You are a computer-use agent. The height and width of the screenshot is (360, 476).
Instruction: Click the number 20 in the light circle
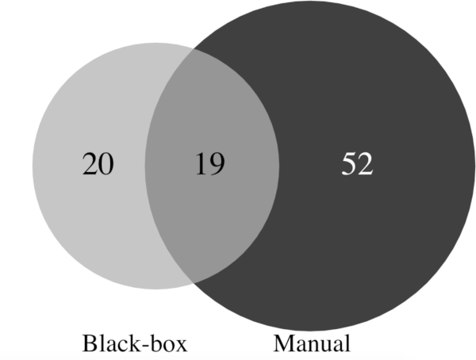(x=98, y=164)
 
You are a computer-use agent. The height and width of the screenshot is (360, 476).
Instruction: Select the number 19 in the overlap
(x=209, y=164)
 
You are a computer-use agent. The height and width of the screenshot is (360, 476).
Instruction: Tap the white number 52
(x=357, y=164)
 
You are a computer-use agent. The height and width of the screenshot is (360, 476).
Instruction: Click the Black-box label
(x=135, y=343)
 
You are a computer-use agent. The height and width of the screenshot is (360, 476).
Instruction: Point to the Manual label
(x=312, y=343)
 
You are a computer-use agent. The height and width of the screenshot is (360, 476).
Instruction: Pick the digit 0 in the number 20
(x=106, y=164)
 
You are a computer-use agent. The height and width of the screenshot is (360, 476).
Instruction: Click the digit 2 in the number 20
(x=90, y=164)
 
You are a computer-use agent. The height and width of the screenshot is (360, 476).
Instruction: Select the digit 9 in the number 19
(x=217, y=164)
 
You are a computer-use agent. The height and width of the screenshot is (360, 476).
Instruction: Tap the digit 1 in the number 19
(x=201, y=164)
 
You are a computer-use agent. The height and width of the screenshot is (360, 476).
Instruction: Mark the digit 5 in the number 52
(x=349, y=164)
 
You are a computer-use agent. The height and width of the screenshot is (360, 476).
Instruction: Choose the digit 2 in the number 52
(x=366, y=164)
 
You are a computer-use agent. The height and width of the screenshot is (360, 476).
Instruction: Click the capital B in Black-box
(x=90, y=343)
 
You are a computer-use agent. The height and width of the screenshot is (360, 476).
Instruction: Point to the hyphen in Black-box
(x=146, y=346)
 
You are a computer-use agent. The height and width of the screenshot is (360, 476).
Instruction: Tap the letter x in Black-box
(x=180, y=346)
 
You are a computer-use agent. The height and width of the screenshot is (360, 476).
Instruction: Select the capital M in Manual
(x=285, y=343)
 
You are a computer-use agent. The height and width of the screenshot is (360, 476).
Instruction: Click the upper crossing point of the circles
(x=194, y=49)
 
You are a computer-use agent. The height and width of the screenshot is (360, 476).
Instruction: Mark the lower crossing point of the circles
(x=194, y=283)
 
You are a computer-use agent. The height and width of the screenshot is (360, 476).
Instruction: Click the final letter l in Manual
(x=347, y=343)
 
